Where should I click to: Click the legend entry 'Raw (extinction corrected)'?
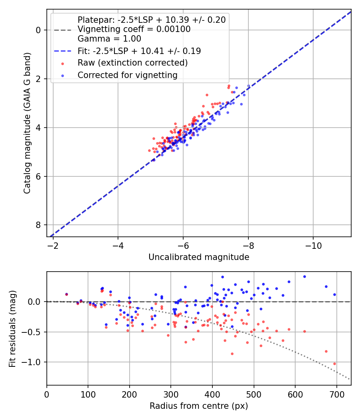pos(132,63)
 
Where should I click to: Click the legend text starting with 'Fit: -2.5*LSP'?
pos(139,51)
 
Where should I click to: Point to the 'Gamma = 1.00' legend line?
pos(109,39)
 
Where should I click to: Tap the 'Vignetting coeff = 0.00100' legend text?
pos(134,29)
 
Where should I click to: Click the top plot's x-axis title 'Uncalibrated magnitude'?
pos(199,257)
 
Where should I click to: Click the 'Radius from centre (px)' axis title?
pos(199,406)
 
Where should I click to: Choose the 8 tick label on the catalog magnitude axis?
pos(38,225)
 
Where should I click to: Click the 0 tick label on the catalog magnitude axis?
pos(38,30)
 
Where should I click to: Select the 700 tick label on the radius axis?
pos(337,394)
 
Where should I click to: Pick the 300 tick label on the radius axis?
pos(171,394)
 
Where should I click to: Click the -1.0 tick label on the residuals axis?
pos(33,362)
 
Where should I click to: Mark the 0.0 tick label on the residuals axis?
pos(35,302)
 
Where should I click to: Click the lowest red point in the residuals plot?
pos(334,364)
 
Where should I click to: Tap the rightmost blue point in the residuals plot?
pos(334,294)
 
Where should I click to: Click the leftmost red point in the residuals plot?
pos(66,294)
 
